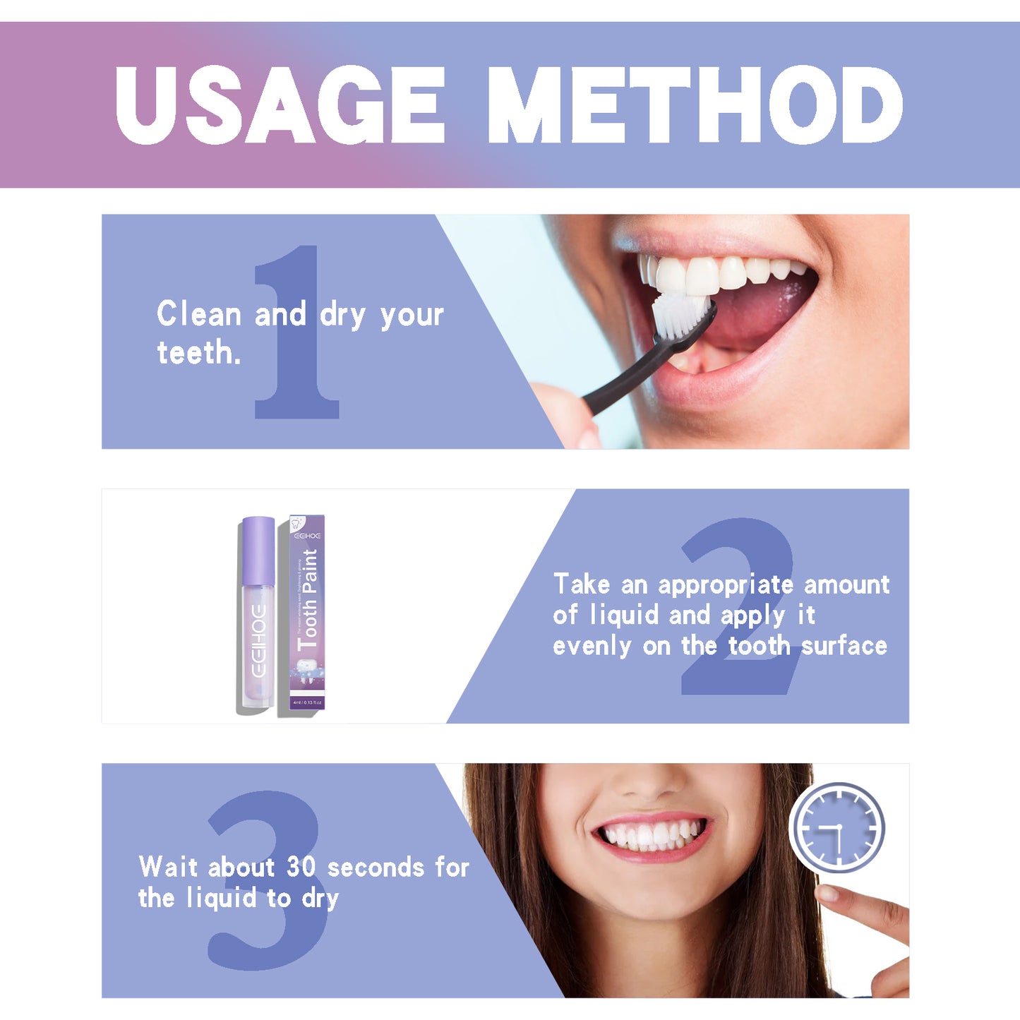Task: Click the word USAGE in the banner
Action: pyautogui.click(x=280, y=106)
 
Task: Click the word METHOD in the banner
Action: pyautogui.click(x=695, y=106)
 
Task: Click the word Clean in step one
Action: pyautogui.click(x=199, y=314)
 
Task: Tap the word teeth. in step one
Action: pyautogui.click(x=198, y=352)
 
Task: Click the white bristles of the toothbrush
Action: pyautogui.click(x=679, y=314)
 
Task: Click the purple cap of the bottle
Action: pyautogui.click(x=258, y=551)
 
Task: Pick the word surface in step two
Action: pyautogui.click(x=844, y=646)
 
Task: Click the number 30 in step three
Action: pyautogui.click(x=301, y=867)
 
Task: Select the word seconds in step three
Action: pyautogui.click(x=376, y=868)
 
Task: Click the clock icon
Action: pyautogui.click(x=837, y=827)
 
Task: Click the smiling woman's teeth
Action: pyautogui.click(x=651, y=835)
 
